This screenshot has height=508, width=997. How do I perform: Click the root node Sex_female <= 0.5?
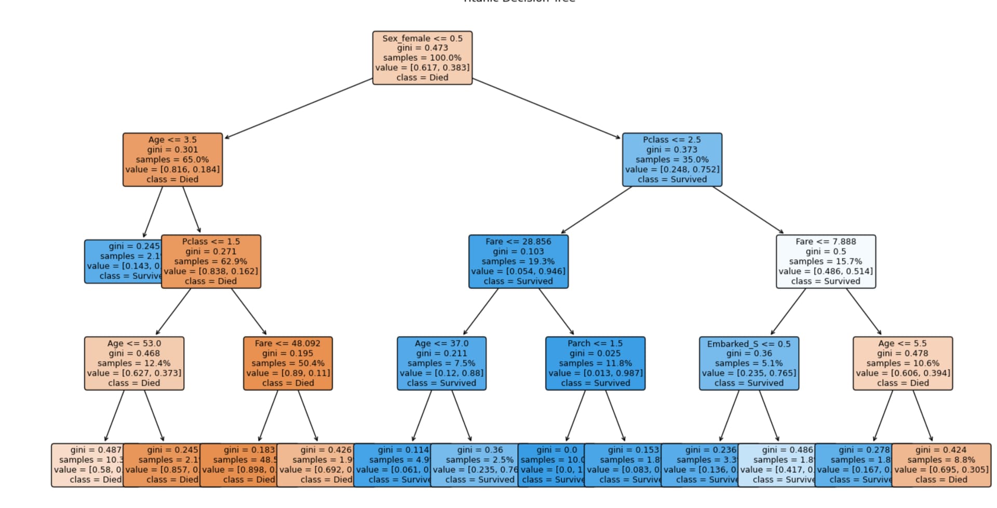point(422,58)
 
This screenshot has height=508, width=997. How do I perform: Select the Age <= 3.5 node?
point(172,159)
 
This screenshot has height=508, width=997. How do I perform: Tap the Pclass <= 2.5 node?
point(672,159)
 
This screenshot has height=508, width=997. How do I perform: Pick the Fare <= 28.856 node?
point(518,261)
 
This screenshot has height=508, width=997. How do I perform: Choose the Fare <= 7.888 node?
point(826,261)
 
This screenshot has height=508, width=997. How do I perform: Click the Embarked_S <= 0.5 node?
point(749,363)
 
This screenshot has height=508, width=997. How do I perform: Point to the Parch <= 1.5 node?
point(595,363)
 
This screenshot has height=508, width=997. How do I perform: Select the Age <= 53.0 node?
point(134,363)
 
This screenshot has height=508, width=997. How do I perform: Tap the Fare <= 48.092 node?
point(288,363)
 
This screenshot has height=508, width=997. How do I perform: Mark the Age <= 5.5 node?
point(902,363)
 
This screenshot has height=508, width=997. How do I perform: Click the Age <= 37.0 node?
point(441,363)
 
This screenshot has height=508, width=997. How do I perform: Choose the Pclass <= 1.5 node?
point(211,261)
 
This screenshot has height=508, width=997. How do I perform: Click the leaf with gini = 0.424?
point(941,465)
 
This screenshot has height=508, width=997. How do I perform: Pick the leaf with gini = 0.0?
point(551,465)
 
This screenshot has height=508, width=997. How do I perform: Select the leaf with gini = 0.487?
point(87,465)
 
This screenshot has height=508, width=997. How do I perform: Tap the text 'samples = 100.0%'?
point(422,58)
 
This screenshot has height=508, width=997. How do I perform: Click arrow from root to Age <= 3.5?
point(299,109)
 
